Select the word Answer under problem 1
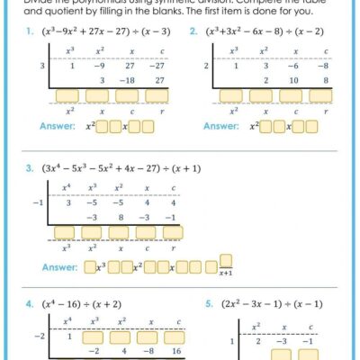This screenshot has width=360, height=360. click(58, 126)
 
